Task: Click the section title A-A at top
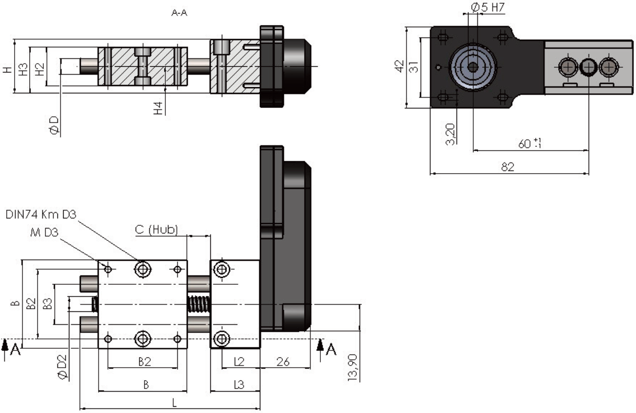tap(179, 13)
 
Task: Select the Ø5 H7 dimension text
tap(488, 7)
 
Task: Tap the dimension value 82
tap(508, 167)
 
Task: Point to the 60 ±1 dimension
tap(530, 143)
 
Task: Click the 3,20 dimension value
tap(450, 134)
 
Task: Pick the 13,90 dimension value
tap(353, 367)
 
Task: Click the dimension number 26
tap(283, 362)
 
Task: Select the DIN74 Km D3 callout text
tap(41, 215)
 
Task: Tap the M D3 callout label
tap(44, 233)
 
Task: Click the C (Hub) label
tap(157, 229)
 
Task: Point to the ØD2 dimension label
tap(63, 367)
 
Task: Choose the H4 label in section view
tap(158, 108)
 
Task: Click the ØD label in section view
tap(54, 125)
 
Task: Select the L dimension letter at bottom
tap(175, 403)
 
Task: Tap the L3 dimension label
tap(239, 385)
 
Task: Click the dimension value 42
tap(400, 66)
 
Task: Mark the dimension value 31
tap(414, 67)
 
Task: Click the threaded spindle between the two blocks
tap(198, 305)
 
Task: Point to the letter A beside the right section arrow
tap(331, 349)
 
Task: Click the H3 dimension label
tap(23, 69)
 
